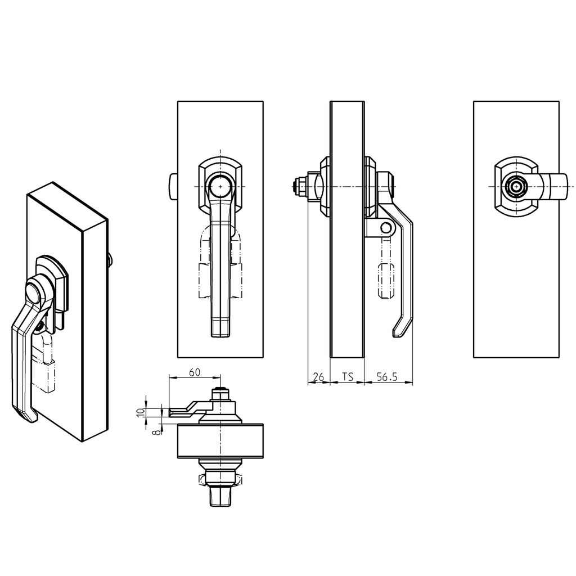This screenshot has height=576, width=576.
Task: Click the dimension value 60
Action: click(194, 372)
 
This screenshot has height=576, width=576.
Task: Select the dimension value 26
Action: click(318, 377)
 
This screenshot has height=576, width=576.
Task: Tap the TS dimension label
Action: click(347, 377)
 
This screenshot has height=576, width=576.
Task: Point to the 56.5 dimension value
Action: click(387, 377)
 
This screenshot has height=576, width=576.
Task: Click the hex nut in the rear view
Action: click(515, 187)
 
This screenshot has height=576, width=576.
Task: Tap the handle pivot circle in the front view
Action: click(220, 186)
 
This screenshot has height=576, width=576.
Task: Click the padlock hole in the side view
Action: click(385, 228)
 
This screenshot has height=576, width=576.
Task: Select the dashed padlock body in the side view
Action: click(385, 278)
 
